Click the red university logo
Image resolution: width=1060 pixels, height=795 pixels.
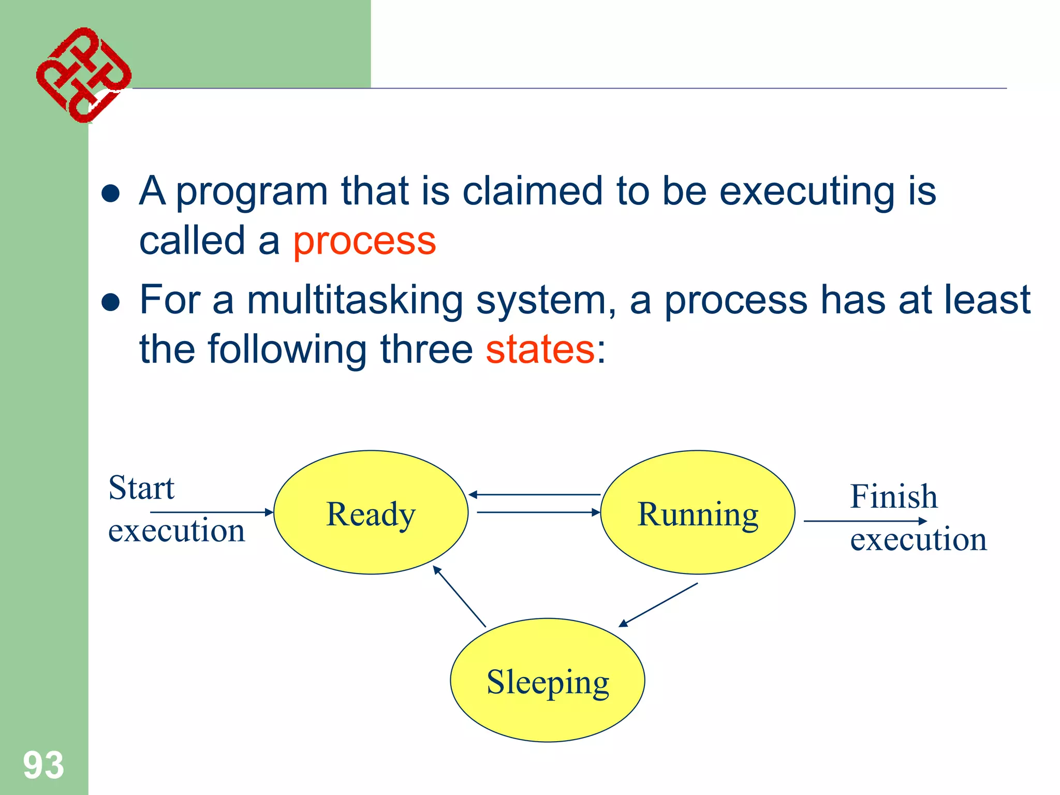tap(83, 75)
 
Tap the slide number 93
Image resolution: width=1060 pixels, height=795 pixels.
tap(43, 765)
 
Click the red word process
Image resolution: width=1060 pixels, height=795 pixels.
tap(364, 242)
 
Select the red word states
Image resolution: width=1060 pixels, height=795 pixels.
tap(540, 349)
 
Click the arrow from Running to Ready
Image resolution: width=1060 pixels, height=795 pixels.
tap(534, 495)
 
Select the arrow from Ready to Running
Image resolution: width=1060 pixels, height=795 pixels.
tap(538, 512)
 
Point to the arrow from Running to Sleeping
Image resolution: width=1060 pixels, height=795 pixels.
tap(658, 605)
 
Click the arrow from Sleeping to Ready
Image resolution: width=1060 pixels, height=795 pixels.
tap(459, 596)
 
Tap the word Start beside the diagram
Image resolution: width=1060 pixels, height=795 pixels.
tap(141, 488)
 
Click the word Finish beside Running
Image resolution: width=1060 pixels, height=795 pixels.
tap(893, 496)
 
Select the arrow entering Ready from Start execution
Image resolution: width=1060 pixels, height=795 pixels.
tap(211, 512)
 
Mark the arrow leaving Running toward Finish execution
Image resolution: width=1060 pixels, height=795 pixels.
tap(864, 521)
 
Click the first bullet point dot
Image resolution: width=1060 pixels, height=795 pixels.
tap(111, 194)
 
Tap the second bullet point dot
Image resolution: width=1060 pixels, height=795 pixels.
tap(111, 302)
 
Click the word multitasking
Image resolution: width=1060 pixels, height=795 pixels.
tap(355, 300)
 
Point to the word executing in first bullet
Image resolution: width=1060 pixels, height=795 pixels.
tap(807, 192)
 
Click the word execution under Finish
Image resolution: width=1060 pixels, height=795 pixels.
tap(918, 539)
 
